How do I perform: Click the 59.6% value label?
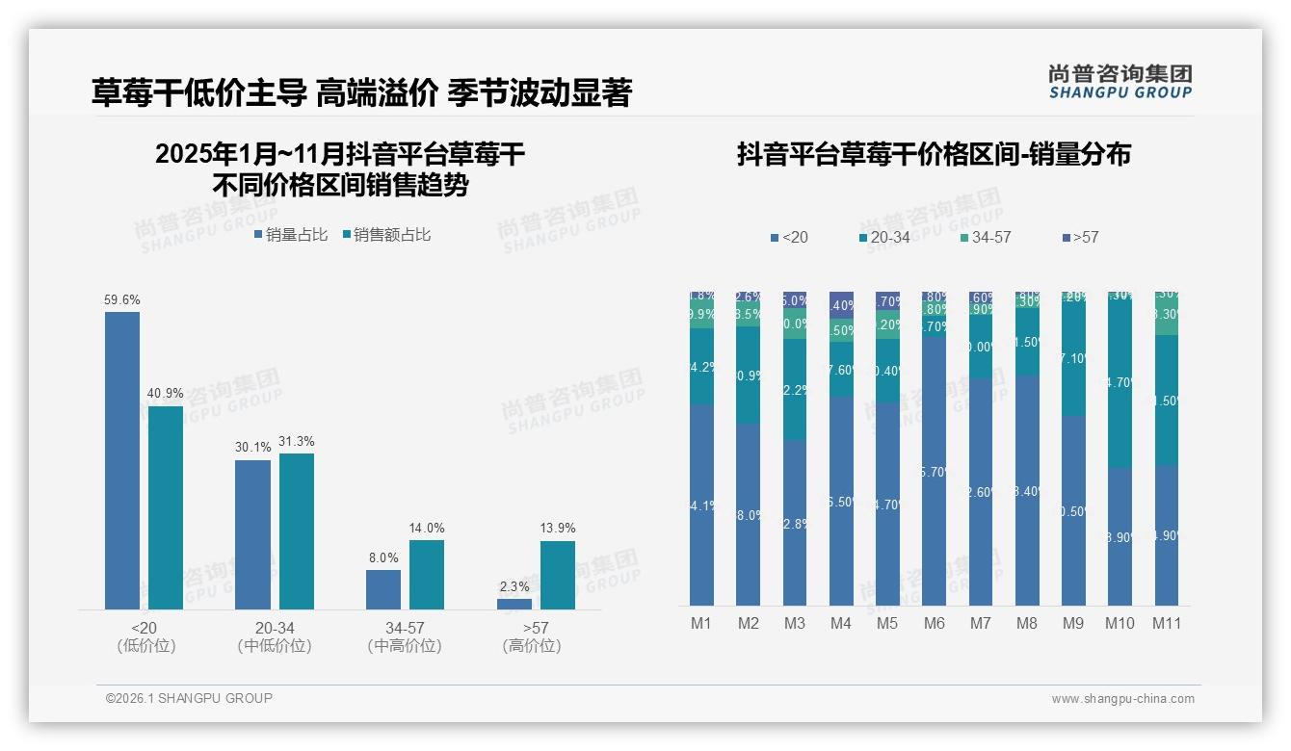point(122,300)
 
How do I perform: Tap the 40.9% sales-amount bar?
point(166,507)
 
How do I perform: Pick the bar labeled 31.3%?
point(297,531)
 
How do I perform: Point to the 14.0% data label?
point(427,528)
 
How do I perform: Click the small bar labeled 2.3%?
point(514,604)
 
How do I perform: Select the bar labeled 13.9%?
point(558,575)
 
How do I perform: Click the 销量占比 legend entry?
point(291,234)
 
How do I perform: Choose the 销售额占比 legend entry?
point(386,234)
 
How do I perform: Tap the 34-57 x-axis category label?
point(405,628)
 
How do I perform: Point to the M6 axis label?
point(934,623)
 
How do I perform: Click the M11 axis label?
point(1167,623)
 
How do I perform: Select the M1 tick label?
point(701,623)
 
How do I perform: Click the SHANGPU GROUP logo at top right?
point(1120,82)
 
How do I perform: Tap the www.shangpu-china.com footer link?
point(1122,699)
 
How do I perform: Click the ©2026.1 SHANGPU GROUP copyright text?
point(189,698)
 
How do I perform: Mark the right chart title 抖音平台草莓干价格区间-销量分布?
point(934,154)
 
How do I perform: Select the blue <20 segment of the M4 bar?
point(841,501)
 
